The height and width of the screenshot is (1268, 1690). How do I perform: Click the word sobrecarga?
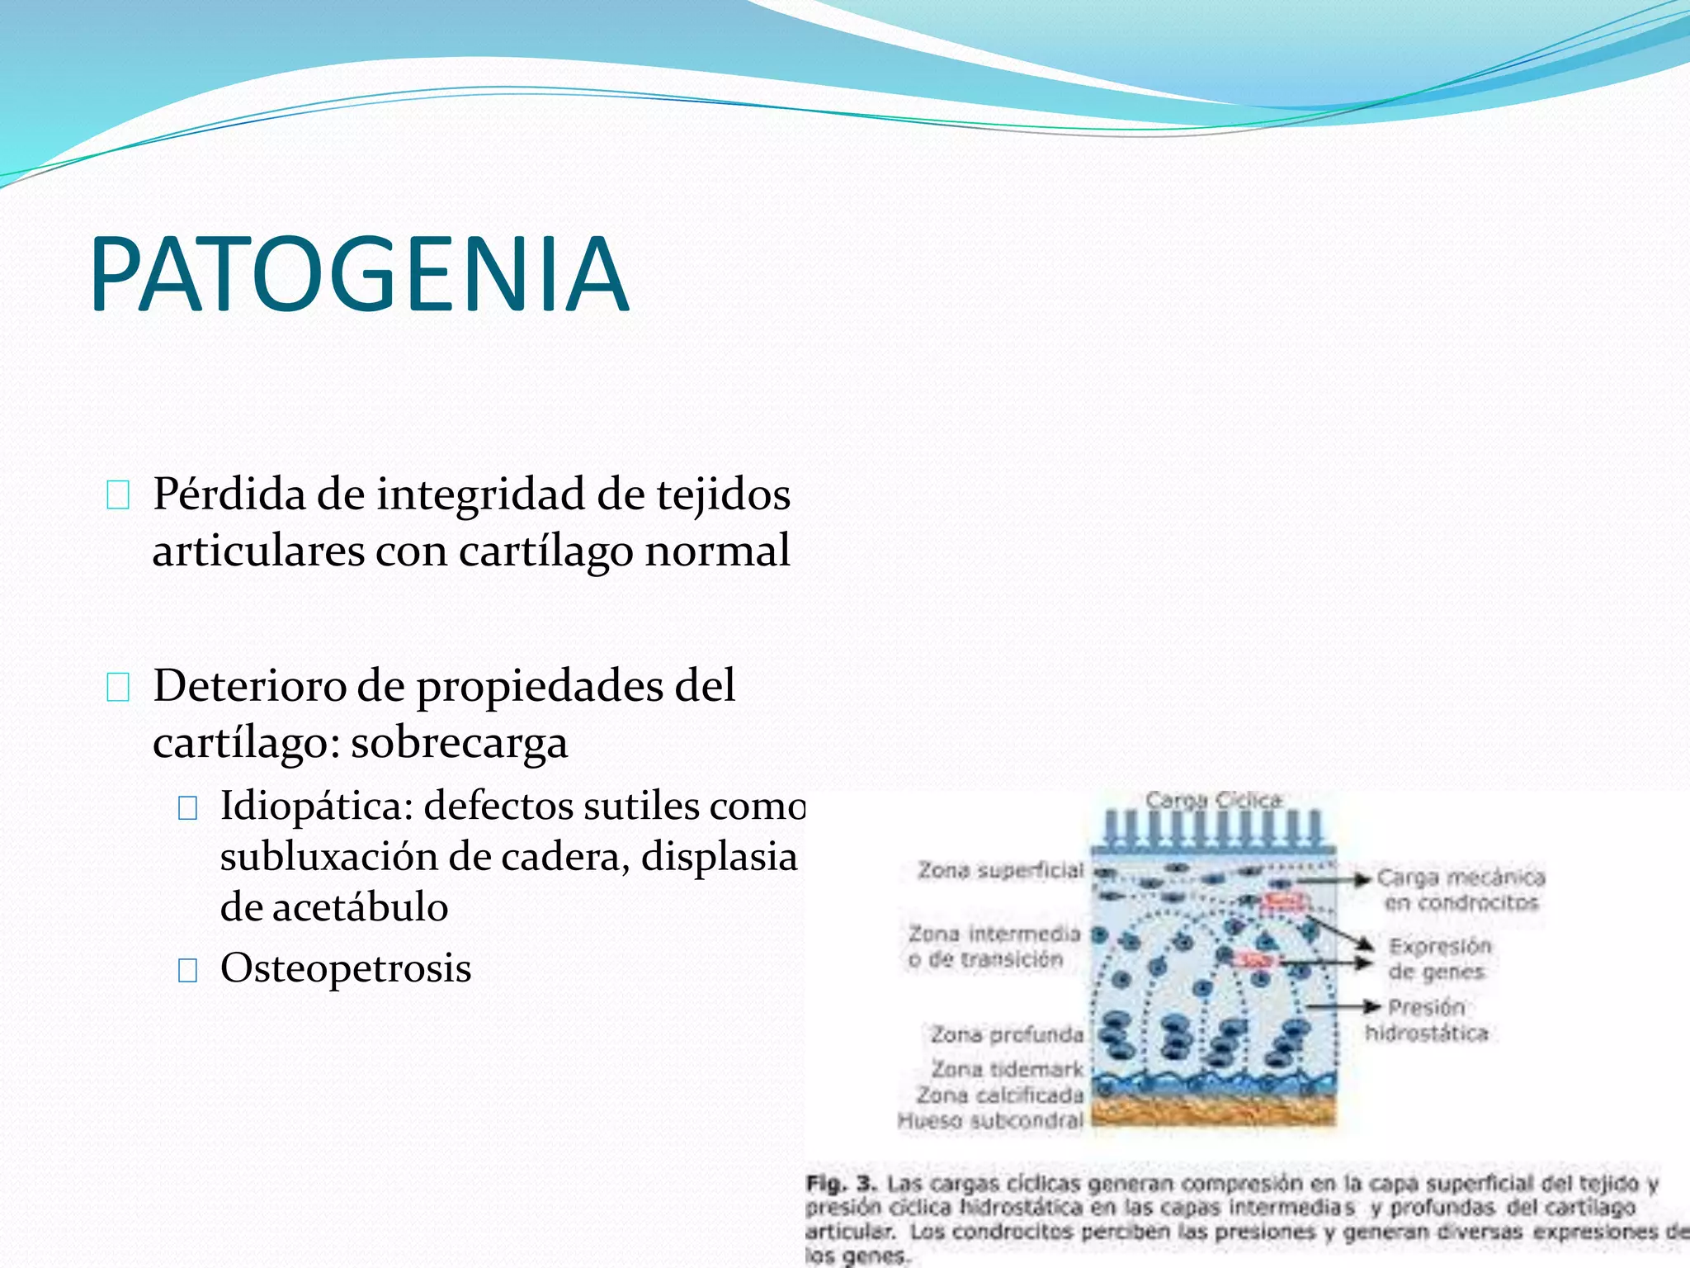(460, 743)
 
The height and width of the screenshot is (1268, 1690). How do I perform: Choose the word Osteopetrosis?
(346, 968)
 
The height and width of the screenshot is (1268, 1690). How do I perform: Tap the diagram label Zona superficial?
(1000, 870)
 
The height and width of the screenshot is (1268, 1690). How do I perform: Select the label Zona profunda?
(1006, 1034)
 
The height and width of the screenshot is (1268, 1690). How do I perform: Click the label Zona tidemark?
(1007, 1069)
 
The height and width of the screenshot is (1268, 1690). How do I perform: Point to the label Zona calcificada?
(999, 1095)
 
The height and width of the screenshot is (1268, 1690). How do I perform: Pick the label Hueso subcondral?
(990, 1121)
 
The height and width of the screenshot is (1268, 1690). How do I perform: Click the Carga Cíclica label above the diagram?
(1213, 800)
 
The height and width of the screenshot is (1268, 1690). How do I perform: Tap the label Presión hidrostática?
(1426, 1020)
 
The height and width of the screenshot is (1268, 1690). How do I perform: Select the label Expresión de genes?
(1438, 958)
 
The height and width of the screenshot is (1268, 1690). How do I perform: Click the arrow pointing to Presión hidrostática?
(1345, 1006)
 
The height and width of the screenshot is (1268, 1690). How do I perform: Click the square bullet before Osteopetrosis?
(188, 970)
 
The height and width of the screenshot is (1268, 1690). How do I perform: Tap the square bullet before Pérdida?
(118, 496)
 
